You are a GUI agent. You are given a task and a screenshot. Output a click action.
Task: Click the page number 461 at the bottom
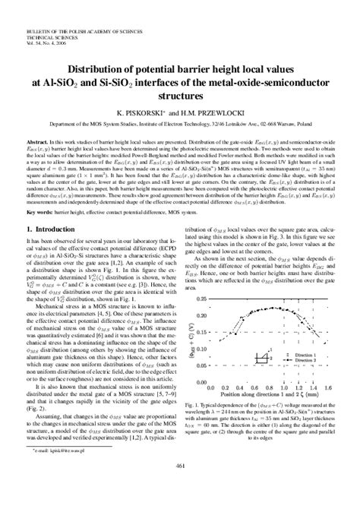180,487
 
